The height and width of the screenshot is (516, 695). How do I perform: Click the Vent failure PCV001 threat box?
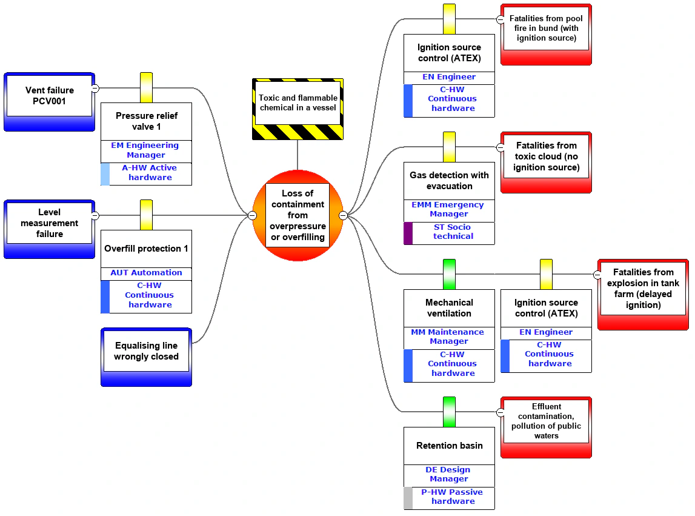49,102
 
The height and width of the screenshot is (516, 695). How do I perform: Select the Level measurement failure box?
49,229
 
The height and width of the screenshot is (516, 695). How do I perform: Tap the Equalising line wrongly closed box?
146,357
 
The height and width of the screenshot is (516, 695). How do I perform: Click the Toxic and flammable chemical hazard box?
298,109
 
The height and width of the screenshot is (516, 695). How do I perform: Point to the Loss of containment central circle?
298,215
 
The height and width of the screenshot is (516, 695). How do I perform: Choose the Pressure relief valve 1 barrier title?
146,121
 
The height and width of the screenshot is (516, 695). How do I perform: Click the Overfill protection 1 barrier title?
146,249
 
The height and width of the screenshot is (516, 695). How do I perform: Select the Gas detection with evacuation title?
449,181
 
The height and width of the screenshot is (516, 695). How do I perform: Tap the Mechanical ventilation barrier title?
449,308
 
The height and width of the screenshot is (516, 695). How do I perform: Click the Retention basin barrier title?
449,446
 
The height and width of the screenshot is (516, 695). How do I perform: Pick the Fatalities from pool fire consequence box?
546,35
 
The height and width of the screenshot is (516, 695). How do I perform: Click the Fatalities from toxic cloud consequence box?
546,163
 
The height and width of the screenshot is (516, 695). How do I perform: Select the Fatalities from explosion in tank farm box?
643,295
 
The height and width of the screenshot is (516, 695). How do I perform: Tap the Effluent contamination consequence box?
546,427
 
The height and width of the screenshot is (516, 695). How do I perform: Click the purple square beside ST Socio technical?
408,233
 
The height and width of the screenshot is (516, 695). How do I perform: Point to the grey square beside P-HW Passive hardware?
408,498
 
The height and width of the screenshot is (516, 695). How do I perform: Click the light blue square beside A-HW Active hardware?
105,174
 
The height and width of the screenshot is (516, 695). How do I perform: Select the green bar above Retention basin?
449,412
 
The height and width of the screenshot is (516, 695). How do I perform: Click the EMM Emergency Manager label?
448,209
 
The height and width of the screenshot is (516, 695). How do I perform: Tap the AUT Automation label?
146,273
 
